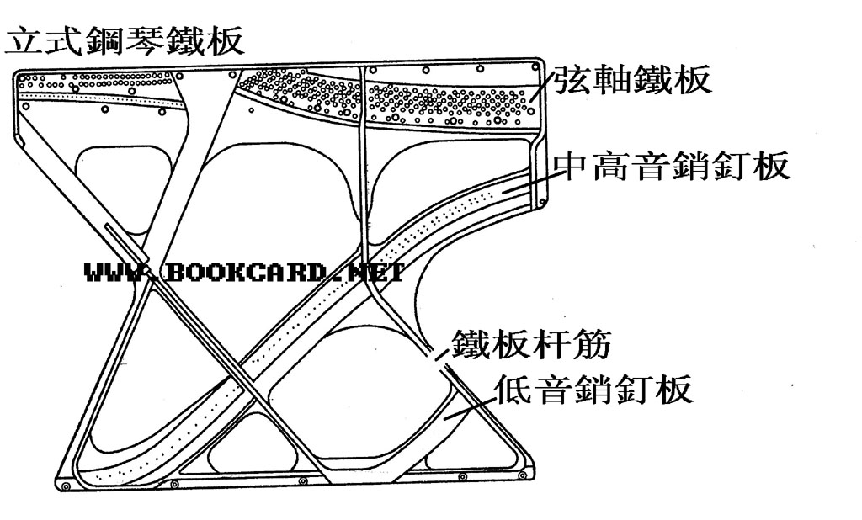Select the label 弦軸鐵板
click(631, 82)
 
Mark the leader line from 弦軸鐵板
click(543, 88)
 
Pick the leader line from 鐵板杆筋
click(438, 353)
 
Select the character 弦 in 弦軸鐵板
click(572, 82)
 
